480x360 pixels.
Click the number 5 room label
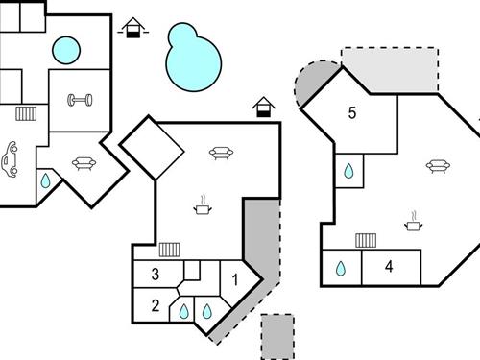pos(351,113)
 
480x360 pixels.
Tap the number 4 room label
pos(389,267)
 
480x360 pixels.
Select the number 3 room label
pos(156,275)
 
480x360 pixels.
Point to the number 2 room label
pos(156,306)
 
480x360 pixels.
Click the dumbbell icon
pos(78,100)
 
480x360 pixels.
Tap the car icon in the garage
pos(11,159)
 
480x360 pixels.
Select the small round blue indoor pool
pos(65,48)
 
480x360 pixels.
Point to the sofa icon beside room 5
pos(437,166)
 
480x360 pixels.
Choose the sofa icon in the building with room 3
pos(222,152)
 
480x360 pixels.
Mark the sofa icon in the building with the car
pos(83,163)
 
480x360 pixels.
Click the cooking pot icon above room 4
pos(414,223)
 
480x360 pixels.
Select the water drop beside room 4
pos(341,270)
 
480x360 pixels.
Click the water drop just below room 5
pos(349,173)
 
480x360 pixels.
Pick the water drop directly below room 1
pos(206,311)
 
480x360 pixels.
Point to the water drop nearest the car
pos(44,180)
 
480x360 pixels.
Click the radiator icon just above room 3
pos(170,249)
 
